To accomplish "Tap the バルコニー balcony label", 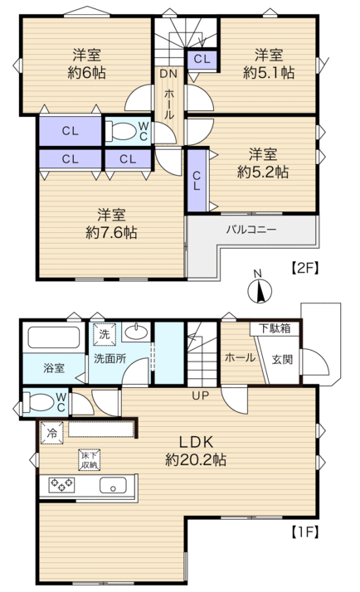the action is click(251, 230).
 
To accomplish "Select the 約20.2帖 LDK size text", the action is click(196, 459).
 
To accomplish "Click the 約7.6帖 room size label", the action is click(111, 232).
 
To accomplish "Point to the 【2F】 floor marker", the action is click(305, 268).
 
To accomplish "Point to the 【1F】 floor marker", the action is click(305, 532).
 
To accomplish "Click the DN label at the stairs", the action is click(168, 74).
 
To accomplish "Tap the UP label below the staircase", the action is click(200, 395).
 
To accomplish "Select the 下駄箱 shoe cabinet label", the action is click(275, 328).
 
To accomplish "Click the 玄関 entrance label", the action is click(282, 359).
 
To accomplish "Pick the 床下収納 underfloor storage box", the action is click(90, 460).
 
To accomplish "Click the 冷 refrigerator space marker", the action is click(52, 433).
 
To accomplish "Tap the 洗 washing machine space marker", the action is click(105, 334).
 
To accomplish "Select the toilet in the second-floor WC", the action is click(120, 131).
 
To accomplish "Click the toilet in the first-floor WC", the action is click(38, 402).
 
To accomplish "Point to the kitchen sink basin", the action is click(113, 485).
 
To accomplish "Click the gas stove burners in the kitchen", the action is click(61, 484).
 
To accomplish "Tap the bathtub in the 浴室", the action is click(54, 337).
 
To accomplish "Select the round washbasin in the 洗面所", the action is click(137, 332).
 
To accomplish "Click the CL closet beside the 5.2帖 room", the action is click(197, 181).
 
